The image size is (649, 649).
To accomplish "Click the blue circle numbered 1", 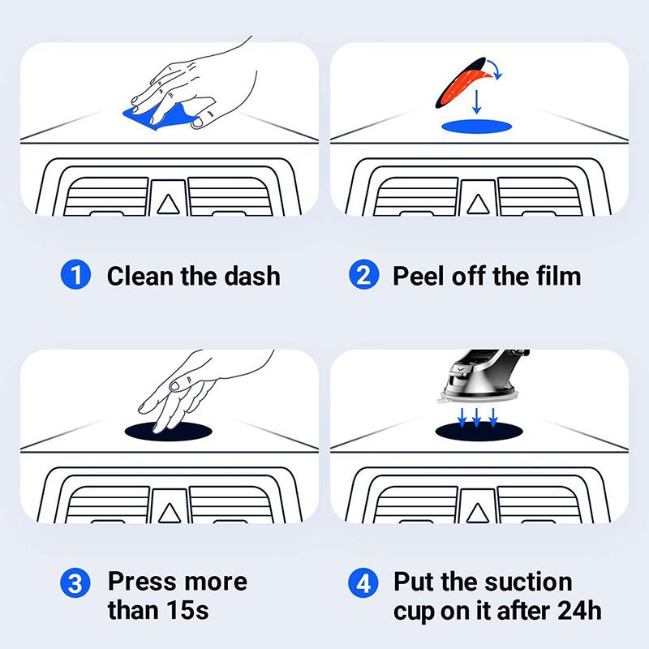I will tap(76, 275).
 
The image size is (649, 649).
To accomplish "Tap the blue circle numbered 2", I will tap(364, 275).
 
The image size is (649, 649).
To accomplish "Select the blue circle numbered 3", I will tap(76, 582).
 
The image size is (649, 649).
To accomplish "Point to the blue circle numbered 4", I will tap(364, 582).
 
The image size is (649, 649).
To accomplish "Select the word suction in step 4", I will tap(527, 582).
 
